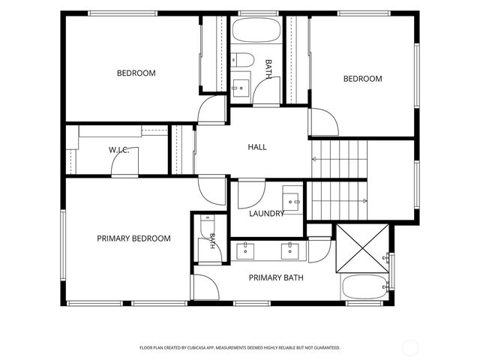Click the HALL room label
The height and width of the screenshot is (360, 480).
(x=257, y=147)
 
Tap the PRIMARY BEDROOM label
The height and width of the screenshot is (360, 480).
(x=133, y=238)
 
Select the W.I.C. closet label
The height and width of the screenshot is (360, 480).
(x=118, y=150)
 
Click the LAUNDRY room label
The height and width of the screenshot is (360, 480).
(x=267, y=213)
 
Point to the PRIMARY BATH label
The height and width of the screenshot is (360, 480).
(x=276, y=277)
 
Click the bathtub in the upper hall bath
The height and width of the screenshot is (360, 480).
(x=256, y=30)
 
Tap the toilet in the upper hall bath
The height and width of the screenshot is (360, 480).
(x=242, y=60)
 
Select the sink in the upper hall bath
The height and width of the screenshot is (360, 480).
(x=241, y=88)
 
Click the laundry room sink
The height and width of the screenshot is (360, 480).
(x=291, y=202)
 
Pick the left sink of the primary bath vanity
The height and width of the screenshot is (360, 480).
(x=245, y=251)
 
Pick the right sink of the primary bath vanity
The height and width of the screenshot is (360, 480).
(x=290, y=251)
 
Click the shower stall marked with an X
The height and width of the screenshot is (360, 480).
(x=362, y=248)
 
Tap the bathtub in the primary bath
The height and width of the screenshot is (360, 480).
(x=364, y=286)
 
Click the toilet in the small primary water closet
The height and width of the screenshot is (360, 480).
(x=208, y=225)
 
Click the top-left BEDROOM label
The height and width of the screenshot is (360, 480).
(x=136, y=73)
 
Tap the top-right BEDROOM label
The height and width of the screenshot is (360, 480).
(x=363, y=79)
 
